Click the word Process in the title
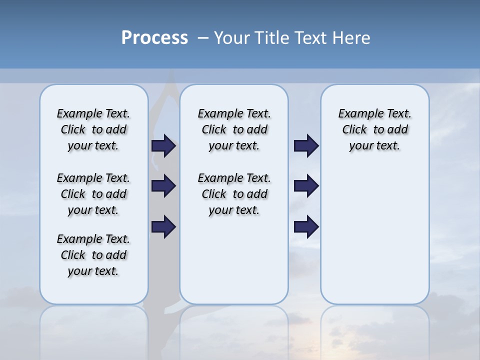pyautogui.click(x=154, y=38)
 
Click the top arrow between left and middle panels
pyautogui.click(x=163, y=145)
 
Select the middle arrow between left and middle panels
pyautogui.click(x=163, y=186)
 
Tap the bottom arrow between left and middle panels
pyautogui.click(x=163, y=227)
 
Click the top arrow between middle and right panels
pyautogui.click(x=306, y=145)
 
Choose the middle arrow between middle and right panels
pyautogui.click(x=306, y=186)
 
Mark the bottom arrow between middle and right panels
pyautogui.click(x=306, y=227)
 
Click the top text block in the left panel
pyautogui.click(x=93, y=129)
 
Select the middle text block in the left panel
pyautogui.click(x=93, y=194)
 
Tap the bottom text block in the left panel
pyautogui.click(x=93, y=255)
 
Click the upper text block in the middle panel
pyautogui.click(x=234, y=129)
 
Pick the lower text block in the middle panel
pyautogui.click(x=234, y=194)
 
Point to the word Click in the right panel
pyautogui.click(x=354, y=130)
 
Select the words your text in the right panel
pyautogui.click(x=374, y=146)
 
